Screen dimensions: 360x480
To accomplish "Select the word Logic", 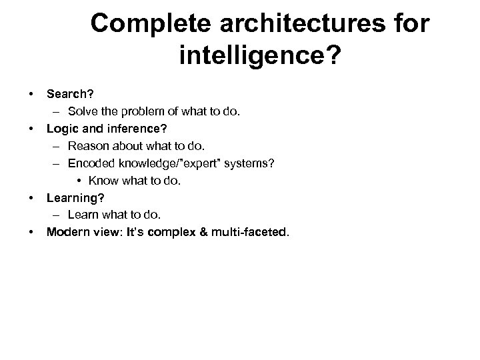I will [x=61, y=128].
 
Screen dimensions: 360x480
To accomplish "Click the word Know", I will [x=102, y=180].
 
